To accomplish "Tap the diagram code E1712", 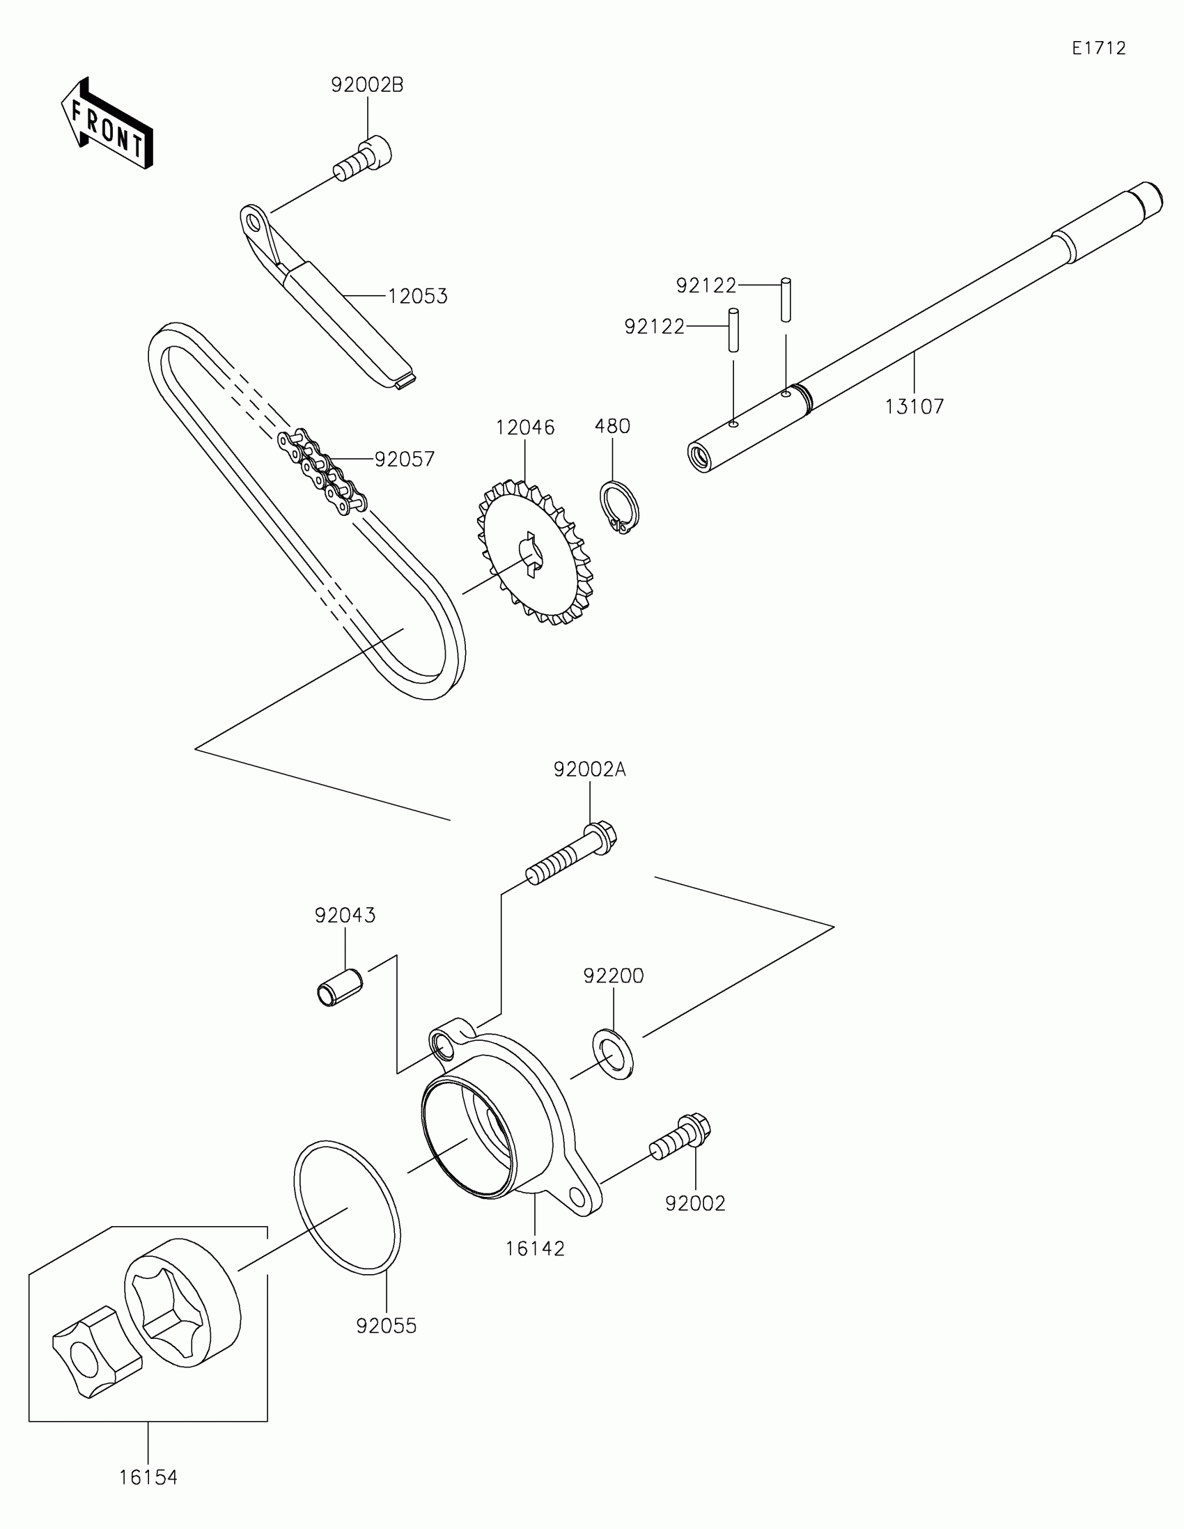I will (1098, 48).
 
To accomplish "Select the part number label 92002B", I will (367, 86).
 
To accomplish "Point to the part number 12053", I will (417, 297).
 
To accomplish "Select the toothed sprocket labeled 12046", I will (535, 552).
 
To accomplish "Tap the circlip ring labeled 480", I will (619, 507).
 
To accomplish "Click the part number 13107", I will (914, 407).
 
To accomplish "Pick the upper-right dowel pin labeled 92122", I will (786, 299).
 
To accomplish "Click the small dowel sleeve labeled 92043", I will (338, 987).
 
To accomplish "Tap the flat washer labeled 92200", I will (614, 1054).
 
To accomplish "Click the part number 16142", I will (535, 1248).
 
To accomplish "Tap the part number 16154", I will (148, 1478).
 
